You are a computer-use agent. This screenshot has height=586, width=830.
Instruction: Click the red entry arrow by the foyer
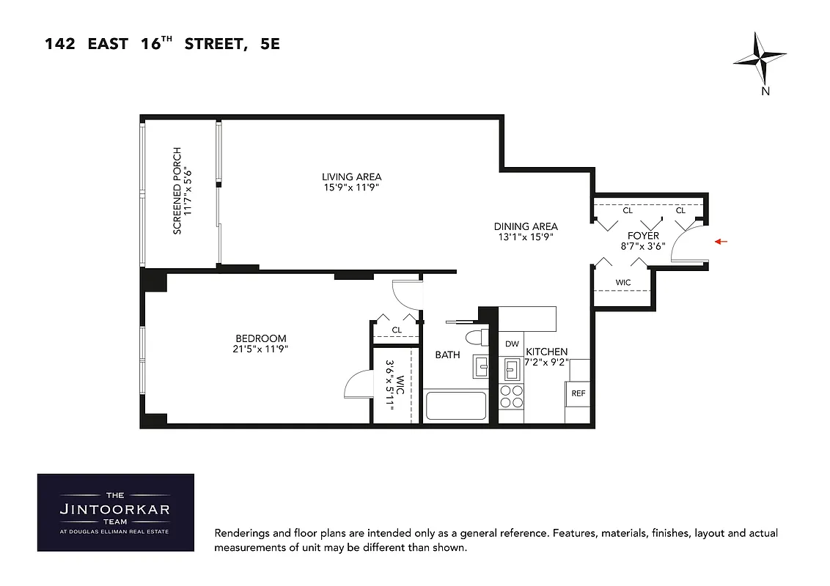pyautogui.click(x=721, y=241)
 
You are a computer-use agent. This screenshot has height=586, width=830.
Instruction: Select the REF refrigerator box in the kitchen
pyautogui.click(x=579, y=393)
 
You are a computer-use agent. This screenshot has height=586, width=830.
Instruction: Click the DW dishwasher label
pyautogui.click(x=512, y=344)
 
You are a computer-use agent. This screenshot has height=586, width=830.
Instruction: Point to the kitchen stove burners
pyautogui.click(x=511, y=396)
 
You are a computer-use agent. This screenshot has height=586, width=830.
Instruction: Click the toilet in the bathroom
pyautogui.click(x=477, y=338)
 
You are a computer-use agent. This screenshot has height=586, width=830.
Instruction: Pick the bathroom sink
pyautogui.click(x=481, y=365)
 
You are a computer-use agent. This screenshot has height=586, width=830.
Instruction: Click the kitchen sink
pyautogui.click(x=512, y=368)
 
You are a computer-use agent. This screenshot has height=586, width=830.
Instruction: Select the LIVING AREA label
pyautogui.click(x=351, y=177)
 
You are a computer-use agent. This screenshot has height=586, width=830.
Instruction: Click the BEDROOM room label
pyautogui.click(x=260, y=338)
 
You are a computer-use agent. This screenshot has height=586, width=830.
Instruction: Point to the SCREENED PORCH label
pyautogui.click(x=177, y=191)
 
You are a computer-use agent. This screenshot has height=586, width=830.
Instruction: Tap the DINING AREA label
pyautogui.click(x=526, y=226)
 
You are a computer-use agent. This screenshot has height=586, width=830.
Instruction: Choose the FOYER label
pyautogui.click(x=643, y=236)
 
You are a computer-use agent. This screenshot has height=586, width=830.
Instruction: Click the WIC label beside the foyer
pyautogui.click(x=622, y=282)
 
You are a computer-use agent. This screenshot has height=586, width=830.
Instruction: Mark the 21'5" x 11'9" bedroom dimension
pyautogui.click(x=260, y=349)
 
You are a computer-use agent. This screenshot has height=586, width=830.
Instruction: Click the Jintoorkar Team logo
pyautogui.click(x=116, y=512)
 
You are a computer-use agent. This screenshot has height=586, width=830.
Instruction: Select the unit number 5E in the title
pyautogui.click(x=269, y=45)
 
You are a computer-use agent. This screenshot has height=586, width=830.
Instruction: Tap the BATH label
pyautogui.click(x=447, y=355)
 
